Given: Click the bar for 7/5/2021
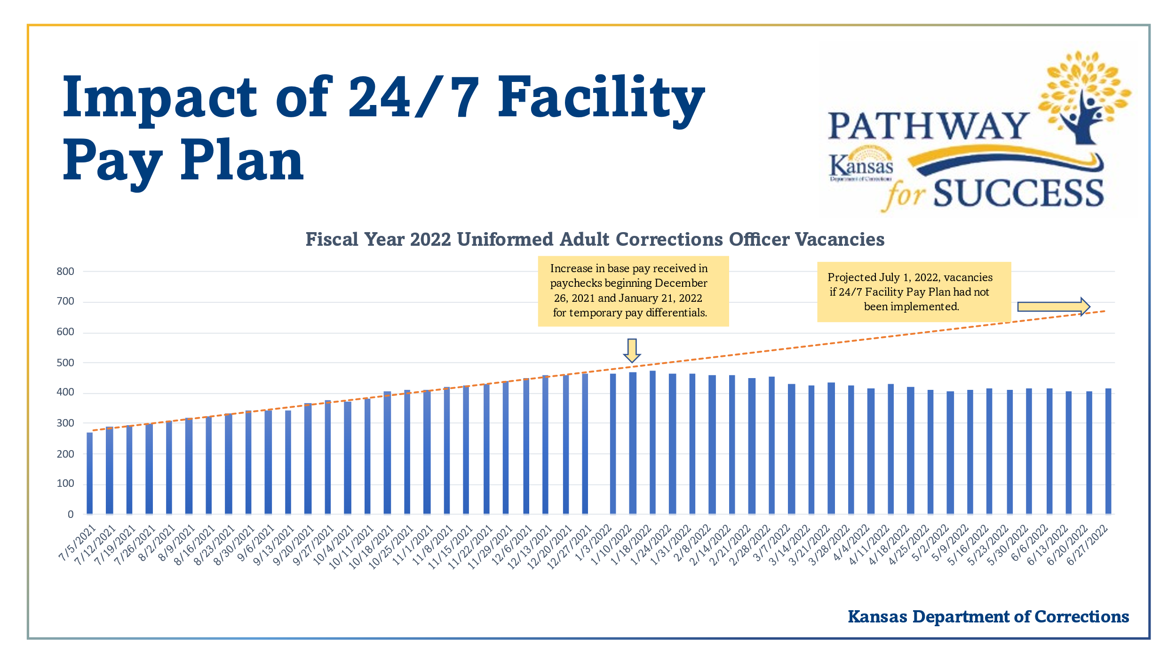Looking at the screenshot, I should pos(89,473).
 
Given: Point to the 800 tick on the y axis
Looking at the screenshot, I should pos(65,271).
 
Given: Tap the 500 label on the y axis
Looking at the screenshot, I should pos(65,363).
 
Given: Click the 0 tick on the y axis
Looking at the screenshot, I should pos(71,515).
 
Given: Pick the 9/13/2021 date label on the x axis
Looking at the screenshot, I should pos(274,545).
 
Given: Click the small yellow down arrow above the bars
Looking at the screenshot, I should pos(632,350).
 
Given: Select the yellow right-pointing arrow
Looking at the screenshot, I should pos(1053,307).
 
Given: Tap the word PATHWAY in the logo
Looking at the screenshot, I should pos(928,126).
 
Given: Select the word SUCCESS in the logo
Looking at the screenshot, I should pos(1018,194).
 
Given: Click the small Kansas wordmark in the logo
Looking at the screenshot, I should pos(861,166).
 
